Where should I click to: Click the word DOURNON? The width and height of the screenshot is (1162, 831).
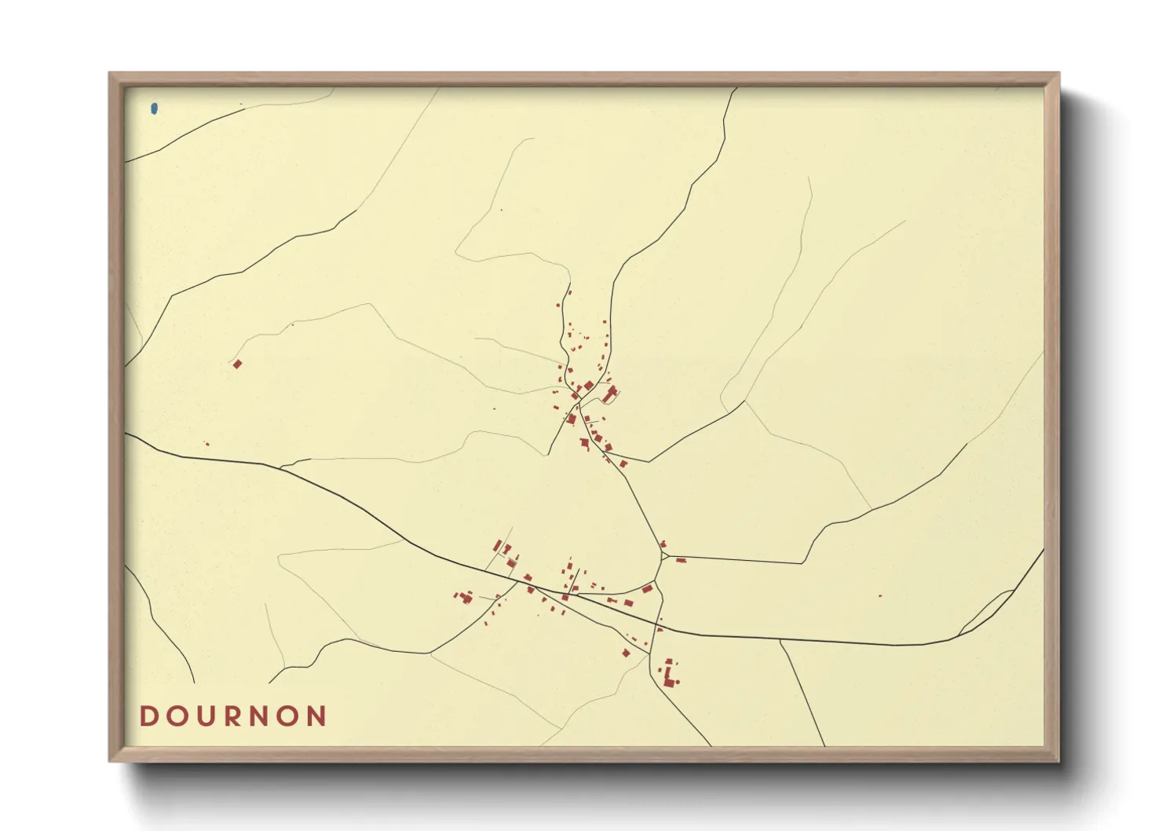[233, 716]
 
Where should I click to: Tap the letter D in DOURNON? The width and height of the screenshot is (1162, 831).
[148, 716]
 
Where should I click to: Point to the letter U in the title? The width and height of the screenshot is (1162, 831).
[206, 716]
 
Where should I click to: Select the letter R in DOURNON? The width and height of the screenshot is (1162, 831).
[233, 716]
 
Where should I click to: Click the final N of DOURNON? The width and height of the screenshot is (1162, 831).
[316, 716]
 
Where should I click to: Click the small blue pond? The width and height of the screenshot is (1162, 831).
[154, 109]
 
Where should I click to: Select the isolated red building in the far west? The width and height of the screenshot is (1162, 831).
[237, 364]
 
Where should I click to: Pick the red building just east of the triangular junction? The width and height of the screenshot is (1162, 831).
[681, 560]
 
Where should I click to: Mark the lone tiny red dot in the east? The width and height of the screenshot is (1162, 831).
[879, 596]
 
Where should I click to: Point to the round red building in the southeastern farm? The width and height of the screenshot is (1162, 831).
[677, 682]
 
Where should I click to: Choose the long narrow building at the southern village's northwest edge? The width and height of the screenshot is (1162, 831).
[496, 546]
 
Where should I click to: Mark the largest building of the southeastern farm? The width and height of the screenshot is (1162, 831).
[668, 677]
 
